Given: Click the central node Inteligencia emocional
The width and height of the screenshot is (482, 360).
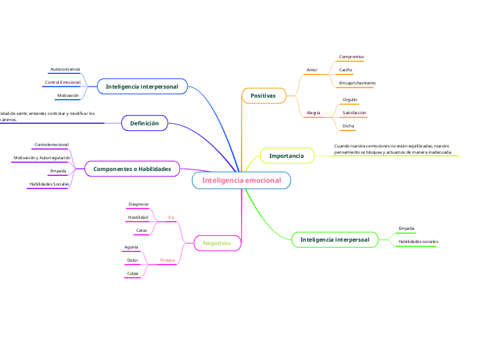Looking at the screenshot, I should (241, 180).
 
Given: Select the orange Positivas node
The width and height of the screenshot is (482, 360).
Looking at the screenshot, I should (263, 95).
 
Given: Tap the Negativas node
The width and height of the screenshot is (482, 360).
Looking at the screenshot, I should (216, 243).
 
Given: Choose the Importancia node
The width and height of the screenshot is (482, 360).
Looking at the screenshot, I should (286, 156).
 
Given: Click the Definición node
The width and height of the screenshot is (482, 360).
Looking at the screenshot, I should (144, 123).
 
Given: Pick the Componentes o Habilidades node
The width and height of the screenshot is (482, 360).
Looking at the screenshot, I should (132, 169).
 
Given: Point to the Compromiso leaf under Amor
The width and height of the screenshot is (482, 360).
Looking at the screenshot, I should (351, 57).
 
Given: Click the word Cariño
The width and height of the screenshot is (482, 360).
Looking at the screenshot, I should (345, 70).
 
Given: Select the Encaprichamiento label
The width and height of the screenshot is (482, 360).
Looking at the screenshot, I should (357, 83).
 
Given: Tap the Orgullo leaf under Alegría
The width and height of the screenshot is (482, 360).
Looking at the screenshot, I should (350, 100).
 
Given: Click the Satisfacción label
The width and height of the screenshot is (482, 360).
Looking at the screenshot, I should (354, 112).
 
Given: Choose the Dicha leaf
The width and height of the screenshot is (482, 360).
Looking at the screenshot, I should (348, 126).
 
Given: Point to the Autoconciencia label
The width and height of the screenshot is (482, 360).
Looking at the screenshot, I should (64, 69).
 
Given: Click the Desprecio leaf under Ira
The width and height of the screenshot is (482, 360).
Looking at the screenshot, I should (139, 204).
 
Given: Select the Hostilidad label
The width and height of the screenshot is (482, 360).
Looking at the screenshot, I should (138, 217).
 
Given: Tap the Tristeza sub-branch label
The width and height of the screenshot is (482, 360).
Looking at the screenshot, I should (167, 260).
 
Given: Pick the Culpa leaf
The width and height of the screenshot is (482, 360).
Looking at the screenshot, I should (132, 273).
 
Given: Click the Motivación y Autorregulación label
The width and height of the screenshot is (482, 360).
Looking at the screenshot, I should (42, 158).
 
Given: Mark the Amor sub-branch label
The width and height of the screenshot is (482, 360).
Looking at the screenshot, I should (312, 70).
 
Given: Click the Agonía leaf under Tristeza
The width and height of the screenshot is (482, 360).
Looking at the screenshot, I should (131, 247).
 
